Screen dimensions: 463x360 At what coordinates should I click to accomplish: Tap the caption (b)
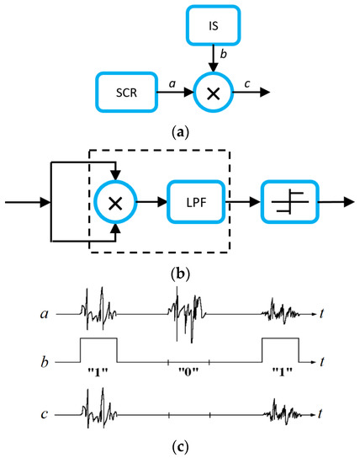tap(180, 271)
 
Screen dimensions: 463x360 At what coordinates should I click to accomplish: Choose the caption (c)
tap(180, 446)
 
